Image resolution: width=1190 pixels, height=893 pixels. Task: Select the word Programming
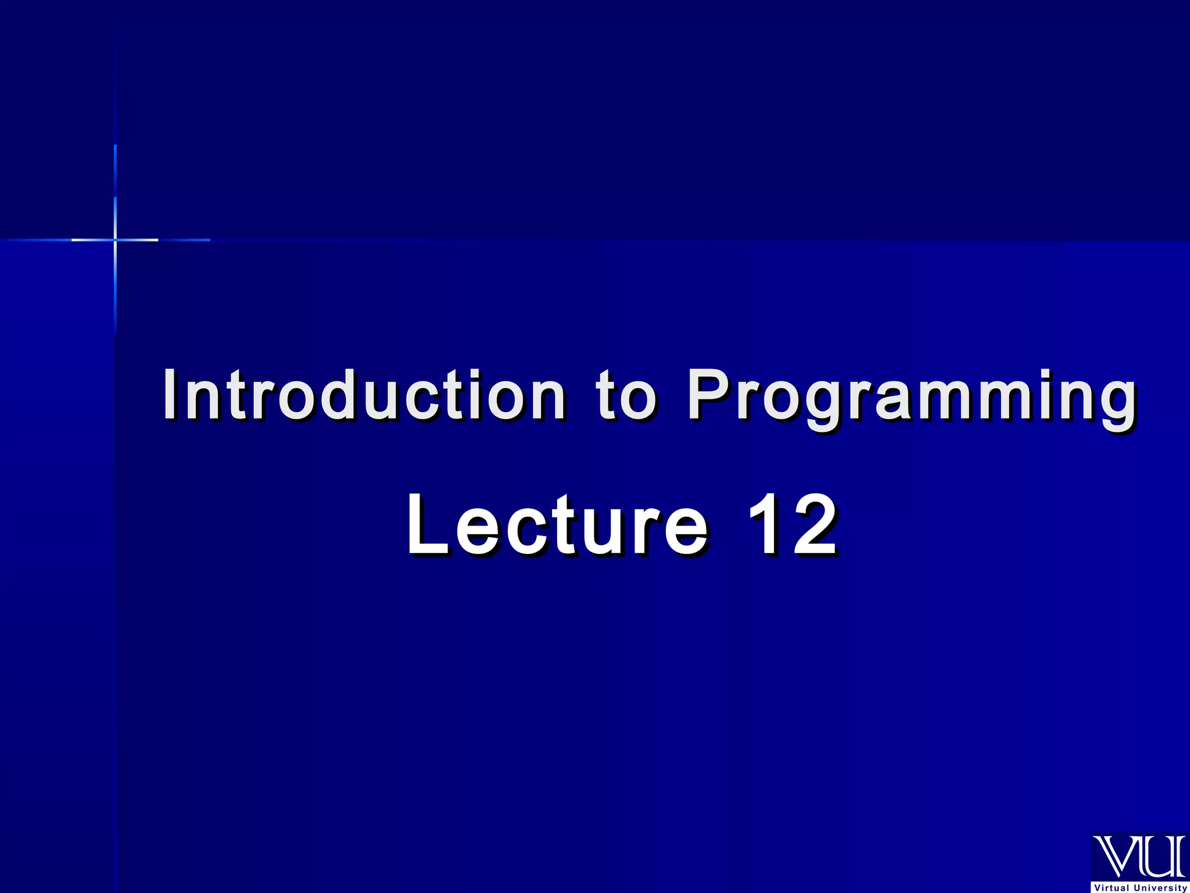[x=911, y=398]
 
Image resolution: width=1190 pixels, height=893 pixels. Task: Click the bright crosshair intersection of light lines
[x=115, y=240]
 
